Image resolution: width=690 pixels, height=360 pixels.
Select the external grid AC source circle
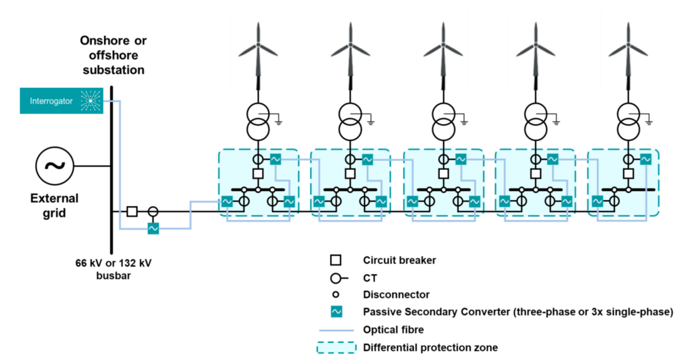point(55,166)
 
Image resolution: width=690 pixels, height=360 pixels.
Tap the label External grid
point(55,206)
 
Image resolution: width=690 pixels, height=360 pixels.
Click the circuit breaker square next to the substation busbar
point(132,211)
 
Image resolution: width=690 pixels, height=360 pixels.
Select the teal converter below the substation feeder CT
point(152,229)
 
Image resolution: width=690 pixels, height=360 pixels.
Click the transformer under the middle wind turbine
point(443,121)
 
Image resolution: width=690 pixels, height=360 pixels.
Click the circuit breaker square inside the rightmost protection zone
point(628,173)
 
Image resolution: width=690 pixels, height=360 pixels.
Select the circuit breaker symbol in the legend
point(336,260)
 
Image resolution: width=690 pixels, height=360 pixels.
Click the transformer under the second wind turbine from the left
point(351,121)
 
